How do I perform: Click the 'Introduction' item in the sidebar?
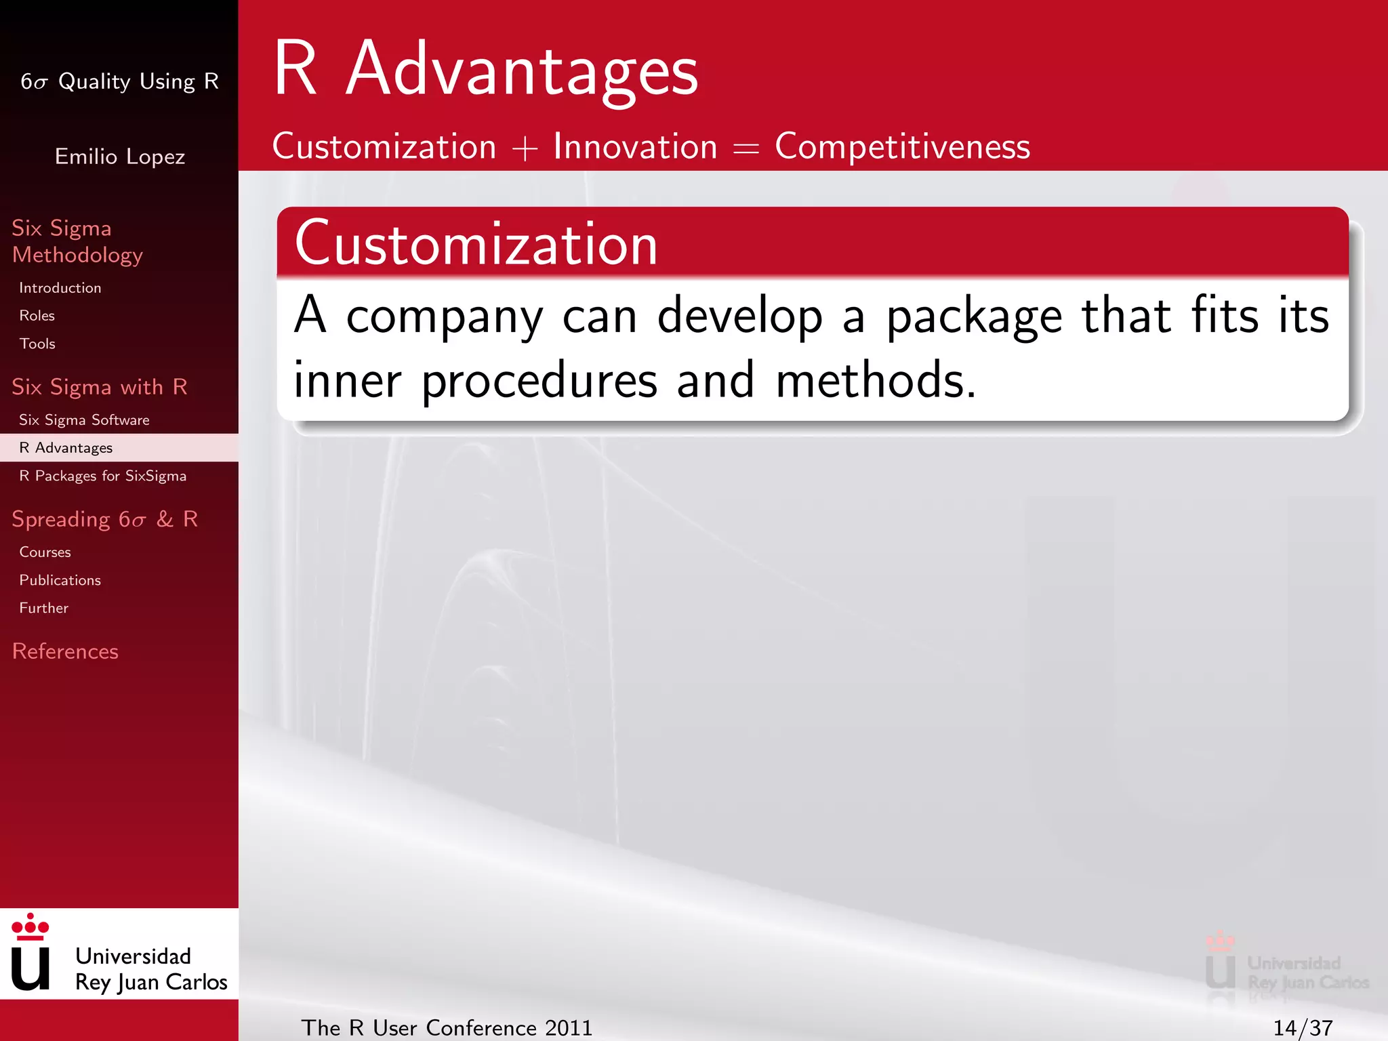(60, 288)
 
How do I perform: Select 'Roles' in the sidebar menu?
(37, 316)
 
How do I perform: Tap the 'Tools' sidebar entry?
(37, 344)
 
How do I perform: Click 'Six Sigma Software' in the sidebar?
(84, 420)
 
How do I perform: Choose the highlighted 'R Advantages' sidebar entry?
(66, 448)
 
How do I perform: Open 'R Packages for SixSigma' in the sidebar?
(102, 476)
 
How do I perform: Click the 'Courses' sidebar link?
(45, 552)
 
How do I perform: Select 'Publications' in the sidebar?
(60, 581)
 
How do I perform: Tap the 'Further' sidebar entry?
(44, 609)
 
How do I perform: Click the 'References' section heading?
(65, 651)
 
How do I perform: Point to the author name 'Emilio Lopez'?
(120, 157)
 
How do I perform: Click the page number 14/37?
(1303, 1028)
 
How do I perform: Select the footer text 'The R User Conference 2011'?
(447, 1028)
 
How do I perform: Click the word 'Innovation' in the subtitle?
(635, 146)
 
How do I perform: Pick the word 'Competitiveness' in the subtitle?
(902, 146)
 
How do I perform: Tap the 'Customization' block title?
(476, 244)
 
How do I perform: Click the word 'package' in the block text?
(974, 317)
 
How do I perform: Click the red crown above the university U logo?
(30, 927)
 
